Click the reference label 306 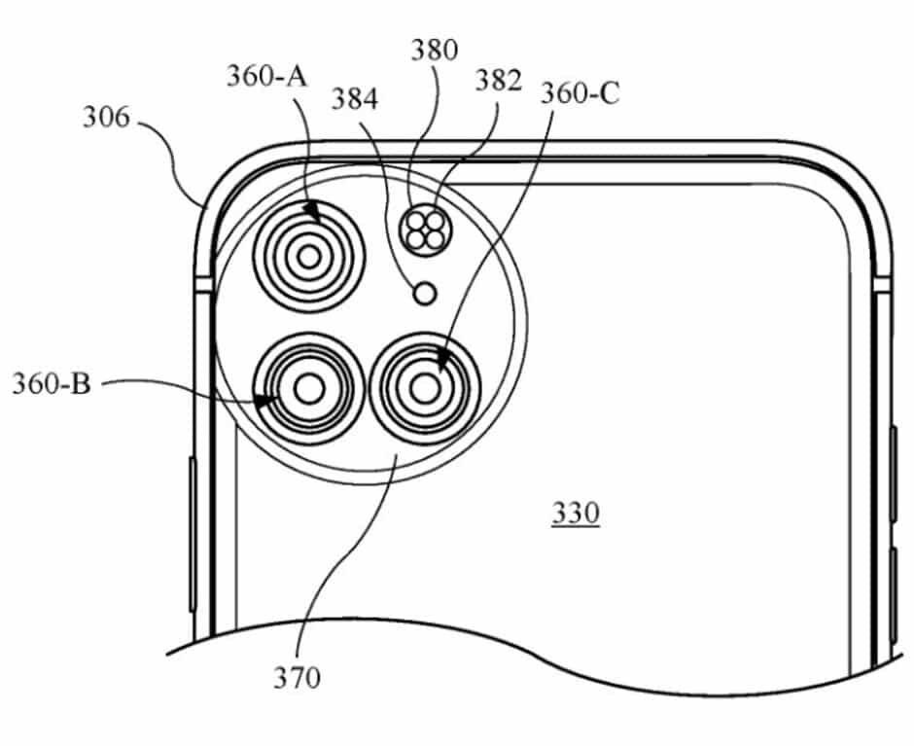tap(104, 119)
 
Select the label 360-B tap(52, 383)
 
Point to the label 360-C tap(580, 93)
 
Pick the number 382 tap(499, 81)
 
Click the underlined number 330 tap(576, 513)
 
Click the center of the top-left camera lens tap(309, 257)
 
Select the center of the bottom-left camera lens tap(309, 389)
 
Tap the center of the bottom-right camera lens tap(424, 389)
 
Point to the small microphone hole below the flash tap(424, 293)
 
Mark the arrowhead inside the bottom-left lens tap(263, 399)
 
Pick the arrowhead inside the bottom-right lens tap(443, 364)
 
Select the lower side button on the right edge tap(894, 593)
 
